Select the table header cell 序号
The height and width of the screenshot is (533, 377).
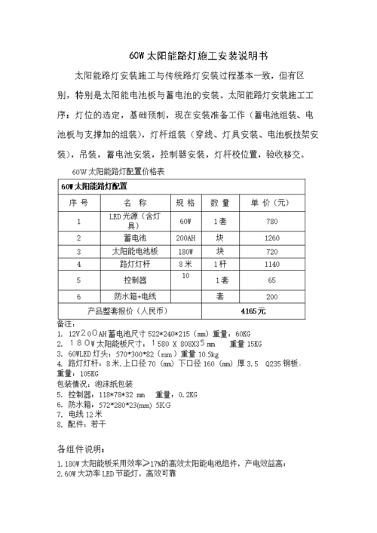78,203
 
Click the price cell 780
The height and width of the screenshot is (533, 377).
272,222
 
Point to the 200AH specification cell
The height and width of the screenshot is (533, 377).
185,238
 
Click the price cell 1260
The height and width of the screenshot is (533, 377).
272,238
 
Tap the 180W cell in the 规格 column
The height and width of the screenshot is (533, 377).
185,251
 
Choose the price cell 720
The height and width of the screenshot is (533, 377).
272,251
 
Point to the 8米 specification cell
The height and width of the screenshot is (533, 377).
185,265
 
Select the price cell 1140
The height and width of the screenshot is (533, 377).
272,265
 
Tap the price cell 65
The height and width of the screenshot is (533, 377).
272,280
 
